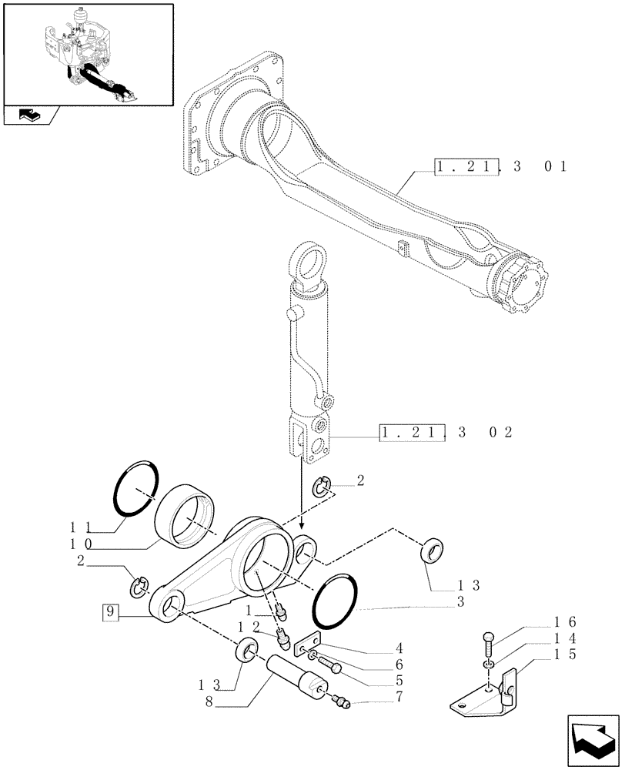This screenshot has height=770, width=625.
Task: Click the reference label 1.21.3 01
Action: [x=500, y=166]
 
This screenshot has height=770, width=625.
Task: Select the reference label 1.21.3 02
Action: [x=446, y=433]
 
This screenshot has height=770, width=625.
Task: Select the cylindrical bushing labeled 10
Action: [x=187, y=520]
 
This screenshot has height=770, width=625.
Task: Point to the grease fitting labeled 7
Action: [x=340, y=701]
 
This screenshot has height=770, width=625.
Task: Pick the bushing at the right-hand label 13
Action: [x=433, y=553]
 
